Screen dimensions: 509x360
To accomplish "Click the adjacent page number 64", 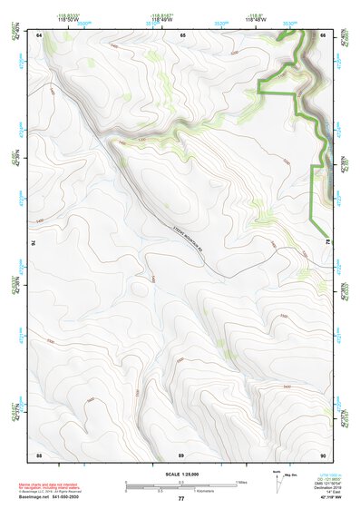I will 40,35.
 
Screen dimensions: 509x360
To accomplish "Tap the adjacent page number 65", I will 182,35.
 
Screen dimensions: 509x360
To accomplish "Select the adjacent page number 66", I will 324,35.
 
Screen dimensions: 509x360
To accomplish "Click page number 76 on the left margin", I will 34,243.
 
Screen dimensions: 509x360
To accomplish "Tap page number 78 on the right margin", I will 328,242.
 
